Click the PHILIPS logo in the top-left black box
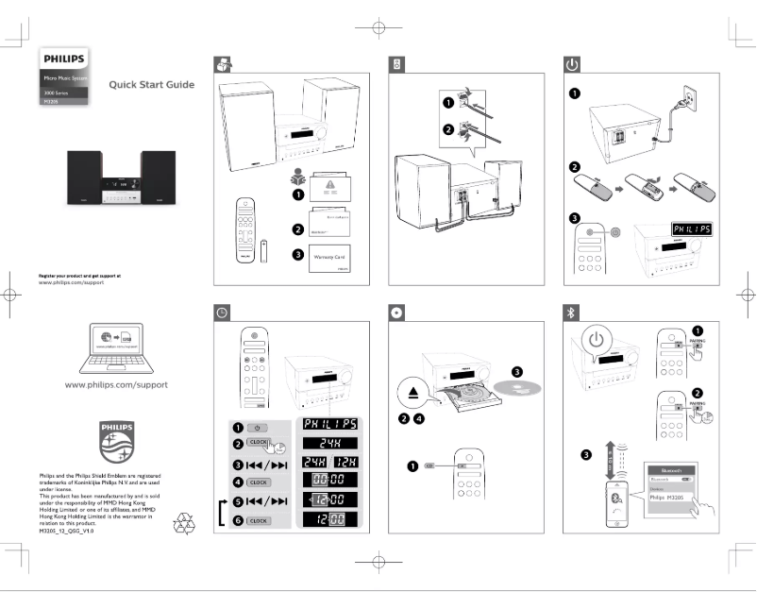[x=64, y=59]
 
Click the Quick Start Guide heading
[x=152, y=85]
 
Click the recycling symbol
[x=178, y=524]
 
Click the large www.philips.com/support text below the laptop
[x=116, y=384]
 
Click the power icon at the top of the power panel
[x=571, y=64]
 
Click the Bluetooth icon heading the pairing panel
[x=571, y=313]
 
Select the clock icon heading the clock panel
[x=222, y=313]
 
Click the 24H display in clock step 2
[x=326, y=442]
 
